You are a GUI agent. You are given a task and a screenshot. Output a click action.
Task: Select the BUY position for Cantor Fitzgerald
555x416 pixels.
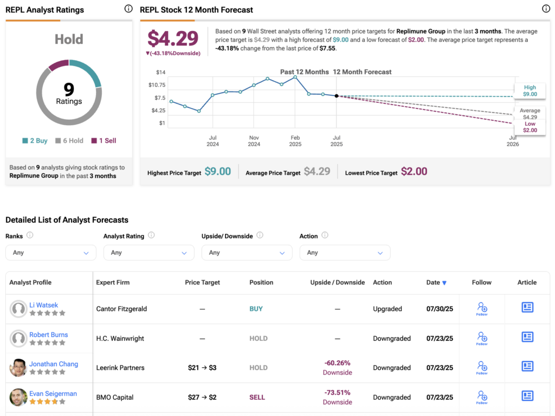click(x=256, y=309)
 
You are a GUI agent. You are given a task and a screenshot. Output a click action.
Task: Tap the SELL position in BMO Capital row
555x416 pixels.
click(x=257, y=397)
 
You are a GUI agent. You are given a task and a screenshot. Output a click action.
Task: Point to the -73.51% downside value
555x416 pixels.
click(x=337, y=393)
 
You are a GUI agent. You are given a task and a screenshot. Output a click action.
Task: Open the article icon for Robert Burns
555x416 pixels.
click(x=527, y=337)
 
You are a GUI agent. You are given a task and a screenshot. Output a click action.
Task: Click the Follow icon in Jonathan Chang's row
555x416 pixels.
click(x=482, y=367)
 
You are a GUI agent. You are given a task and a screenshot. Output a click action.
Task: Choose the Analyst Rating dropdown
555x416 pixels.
click(x=149, y=252)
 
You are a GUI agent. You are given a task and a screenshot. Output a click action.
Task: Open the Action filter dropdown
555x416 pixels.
click(x=345, y=252)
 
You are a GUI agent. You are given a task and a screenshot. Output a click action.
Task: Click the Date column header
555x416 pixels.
click(x=436, y=282)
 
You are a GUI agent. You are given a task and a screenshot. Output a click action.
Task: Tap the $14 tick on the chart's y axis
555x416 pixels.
click(x=160, y=73)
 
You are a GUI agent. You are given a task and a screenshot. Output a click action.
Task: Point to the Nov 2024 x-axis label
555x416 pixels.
click(x=254, y=141)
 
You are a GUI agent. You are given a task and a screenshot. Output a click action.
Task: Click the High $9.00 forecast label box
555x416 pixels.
click(x=530, y=91)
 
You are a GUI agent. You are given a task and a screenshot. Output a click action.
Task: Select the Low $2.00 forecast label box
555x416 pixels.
click(x=530, y=127)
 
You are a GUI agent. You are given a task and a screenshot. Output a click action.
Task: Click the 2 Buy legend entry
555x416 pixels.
click(x=35, y=141)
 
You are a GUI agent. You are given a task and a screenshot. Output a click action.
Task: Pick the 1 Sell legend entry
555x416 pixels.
click(x=104, y=141)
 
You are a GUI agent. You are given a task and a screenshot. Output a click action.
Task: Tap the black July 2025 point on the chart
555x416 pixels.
click(x=337, y=96)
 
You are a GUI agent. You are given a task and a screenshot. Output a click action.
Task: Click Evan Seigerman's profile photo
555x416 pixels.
click(x=18, y=397)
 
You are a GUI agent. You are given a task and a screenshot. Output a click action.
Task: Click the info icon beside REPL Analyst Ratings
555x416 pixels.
click(x=128, y=9)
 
